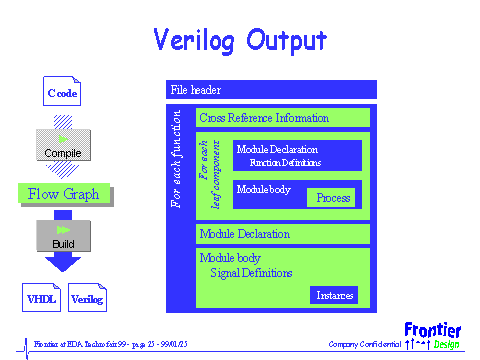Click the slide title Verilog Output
click(239, 41)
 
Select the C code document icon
click(62, 93)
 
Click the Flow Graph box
click(63, 194)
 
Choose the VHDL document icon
click(42, 297)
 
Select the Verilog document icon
click(87, 297)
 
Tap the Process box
click(333, 198)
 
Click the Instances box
click(335, 295)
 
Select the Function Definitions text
click(285, 162)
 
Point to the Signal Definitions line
click(251, 272)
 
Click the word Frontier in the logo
click(433, 329)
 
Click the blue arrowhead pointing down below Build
click(63, 263)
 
